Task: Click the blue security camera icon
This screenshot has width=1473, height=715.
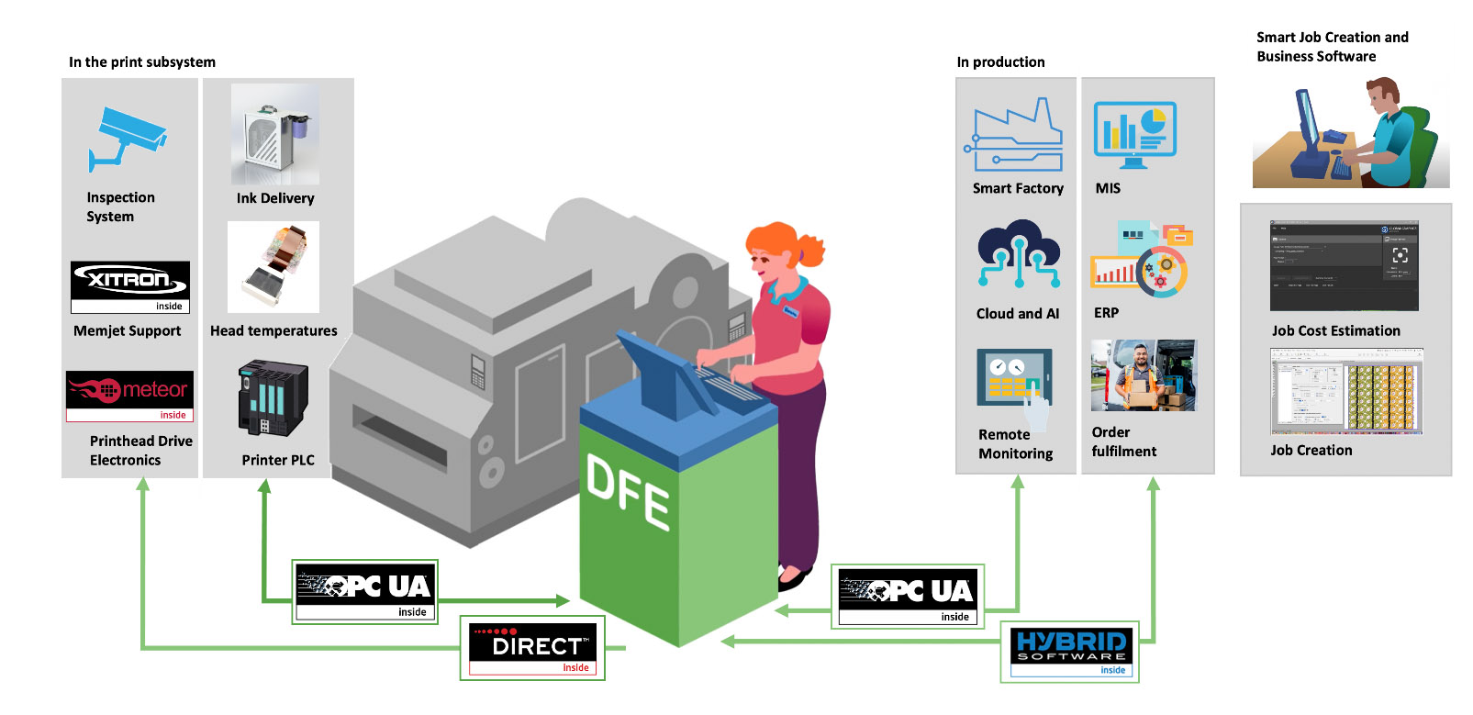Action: pyautogui.click(x=128, y=139)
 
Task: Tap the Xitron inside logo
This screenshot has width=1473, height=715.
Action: pyautogui.click(x=130, y=286)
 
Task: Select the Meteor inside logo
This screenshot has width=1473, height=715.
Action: pyautogui.click(x=129, y=396)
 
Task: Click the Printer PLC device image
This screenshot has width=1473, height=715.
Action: pyautogui.click(x=272, y=397)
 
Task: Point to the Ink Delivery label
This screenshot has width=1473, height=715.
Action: pyautogui.click(x=275, y=198)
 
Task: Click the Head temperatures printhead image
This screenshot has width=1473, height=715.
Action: pyautogui.click(x=273, y=266)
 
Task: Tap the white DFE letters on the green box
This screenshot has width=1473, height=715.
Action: pyautogui.click(x=629, y=491)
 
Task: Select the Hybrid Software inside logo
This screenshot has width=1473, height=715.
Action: pyautogui.click(x=1071, y=652)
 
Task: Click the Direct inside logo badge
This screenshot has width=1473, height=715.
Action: pyautogui.click(x=532, y=648)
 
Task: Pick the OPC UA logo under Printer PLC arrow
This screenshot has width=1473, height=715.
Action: pyautogui.click(x=365, y=592)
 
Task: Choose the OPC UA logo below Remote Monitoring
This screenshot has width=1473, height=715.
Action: pyautogui.click(x=908, y=597)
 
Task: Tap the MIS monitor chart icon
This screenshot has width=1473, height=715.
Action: pyautogui.click(x=1134, y=134)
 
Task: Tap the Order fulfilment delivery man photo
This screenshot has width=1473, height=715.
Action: pyautogui.click(x=1144, y=375)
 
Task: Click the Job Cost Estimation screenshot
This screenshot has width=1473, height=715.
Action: pyautogui.click(x=1344, y=265)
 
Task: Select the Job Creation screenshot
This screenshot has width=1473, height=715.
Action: pyautogui.click(x=1345, y=392)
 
